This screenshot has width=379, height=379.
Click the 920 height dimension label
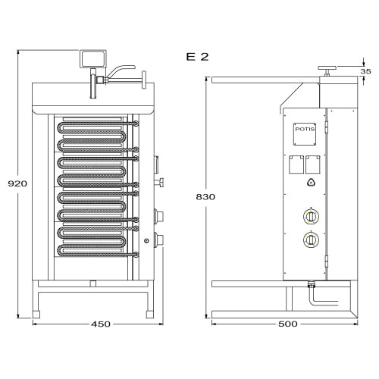pos(17,183)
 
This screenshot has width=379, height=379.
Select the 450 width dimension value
pos(101,324)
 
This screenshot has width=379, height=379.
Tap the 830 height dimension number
pos(205,197)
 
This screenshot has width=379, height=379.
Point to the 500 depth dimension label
pos(288,324)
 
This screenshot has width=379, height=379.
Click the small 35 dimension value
pos(365,71)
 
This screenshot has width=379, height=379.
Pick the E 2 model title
pos(197,57)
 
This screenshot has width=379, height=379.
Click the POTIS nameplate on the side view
pos(305,134)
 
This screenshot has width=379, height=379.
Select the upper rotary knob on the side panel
pos(311,217)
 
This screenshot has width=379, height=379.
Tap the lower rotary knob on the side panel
pos(311,239)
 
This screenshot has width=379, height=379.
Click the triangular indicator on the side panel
pos(311,182)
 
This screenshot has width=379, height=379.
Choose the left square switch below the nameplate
pos(296,164)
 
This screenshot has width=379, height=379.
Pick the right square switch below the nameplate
pos(313,164)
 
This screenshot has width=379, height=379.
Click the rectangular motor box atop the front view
pos(93,59)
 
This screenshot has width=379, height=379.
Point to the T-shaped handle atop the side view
pos(327,70)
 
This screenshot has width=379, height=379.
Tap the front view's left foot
pos(36,315)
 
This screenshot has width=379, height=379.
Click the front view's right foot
pos(150,315)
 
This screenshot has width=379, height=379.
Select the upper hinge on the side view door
pos(327,127)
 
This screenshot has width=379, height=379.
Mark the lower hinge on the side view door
pos(327,261)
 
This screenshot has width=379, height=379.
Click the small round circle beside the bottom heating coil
pos(146,241)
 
